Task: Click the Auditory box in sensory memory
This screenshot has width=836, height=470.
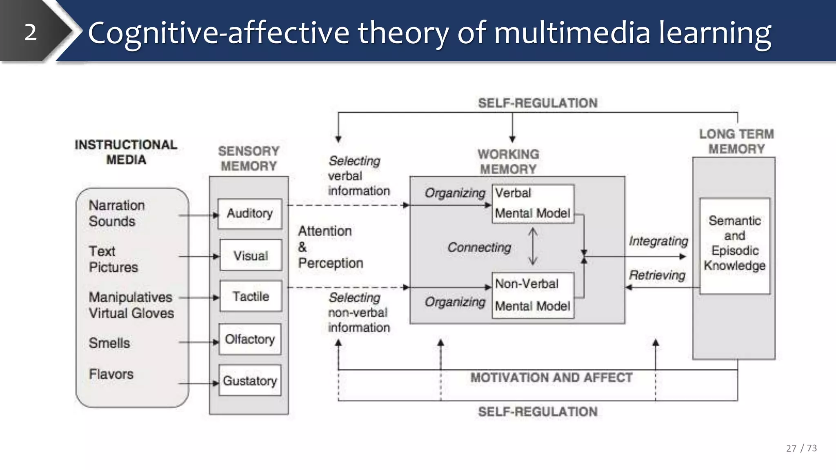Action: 250,213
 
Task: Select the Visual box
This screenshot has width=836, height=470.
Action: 251,255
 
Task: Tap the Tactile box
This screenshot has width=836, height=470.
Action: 251,296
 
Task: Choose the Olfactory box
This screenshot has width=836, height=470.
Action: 250,339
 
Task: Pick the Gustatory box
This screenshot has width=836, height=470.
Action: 250,380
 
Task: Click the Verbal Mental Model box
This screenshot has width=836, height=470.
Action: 533,204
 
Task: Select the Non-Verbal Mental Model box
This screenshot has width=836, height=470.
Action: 533,295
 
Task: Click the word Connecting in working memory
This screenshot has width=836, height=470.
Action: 479,247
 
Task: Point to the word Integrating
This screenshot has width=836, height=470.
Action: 658,241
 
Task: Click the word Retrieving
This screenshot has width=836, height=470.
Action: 657,275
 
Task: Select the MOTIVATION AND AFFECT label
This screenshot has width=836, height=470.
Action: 551,378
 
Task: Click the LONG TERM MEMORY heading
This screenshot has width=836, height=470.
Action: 736,142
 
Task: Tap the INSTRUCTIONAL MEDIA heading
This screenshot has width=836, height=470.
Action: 126,152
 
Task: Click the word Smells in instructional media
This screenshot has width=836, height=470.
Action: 109,343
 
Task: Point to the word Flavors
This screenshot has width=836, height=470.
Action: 111,374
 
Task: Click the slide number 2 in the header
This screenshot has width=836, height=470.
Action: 31,32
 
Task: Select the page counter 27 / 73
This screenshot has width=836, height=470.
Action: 801,448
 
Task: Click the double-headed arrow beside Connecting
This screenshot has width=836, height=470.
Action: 533,246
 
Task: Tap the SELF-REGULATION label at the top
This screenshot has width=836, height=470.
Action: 538,103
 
